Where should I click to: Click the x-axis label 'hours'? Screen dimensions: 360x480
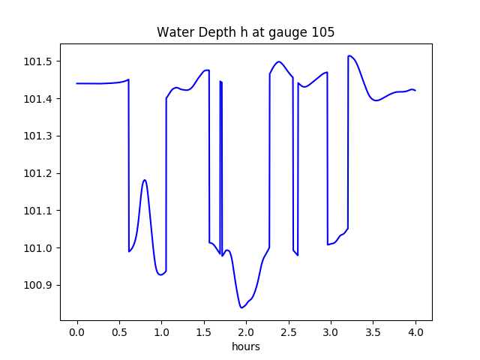245,346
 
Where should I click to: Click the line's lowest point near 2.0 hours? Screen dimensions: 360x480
241,307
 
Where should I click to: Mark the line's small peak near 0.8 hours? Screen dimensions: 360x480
145,180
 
